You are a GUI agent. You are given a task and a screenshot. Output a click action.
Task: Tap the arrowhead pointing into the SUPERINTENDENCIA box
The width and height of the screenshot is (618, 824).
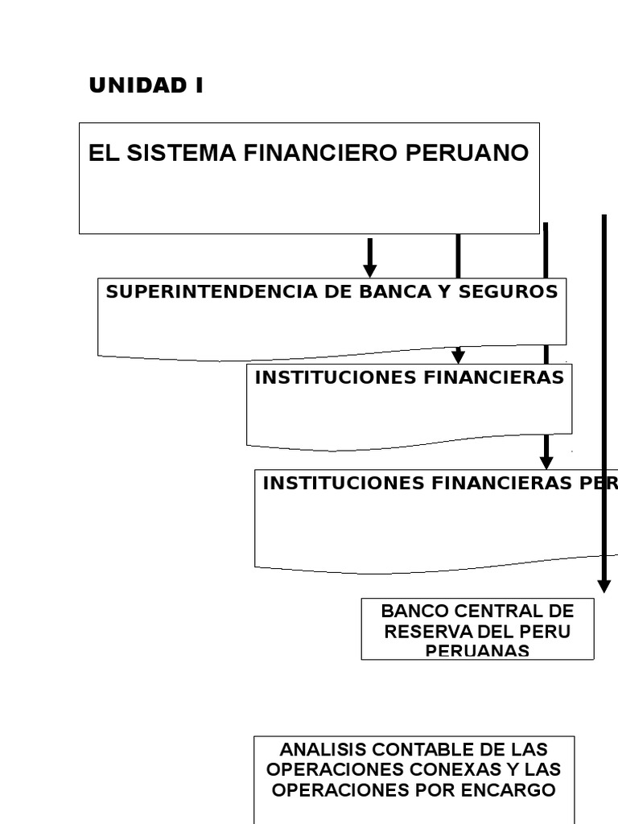[x=370, y=270]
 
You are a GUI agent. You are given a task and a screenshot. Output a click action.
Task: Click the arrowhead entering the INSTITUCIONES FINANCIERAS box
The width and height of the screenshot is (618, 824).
[x=458, y=356]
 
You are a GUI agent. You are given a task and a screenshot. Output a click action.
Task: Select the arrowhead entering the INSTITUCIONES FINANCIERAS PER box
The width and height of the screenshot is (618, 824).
[x=546, y=462]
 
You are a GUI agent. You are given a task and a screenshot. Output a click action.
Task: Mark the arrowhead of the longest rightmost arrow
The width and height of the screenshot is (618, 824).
[x=604, y=585]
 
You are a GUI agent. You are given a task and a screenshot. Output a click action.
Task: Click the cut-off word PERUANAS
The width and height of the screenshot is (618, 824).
[x=477, y=651]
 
